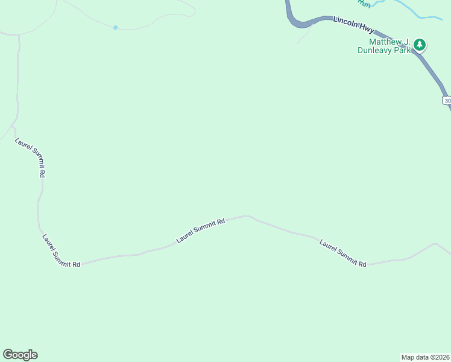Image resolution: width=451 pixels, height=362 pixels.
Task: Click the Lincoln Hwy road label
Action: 353,24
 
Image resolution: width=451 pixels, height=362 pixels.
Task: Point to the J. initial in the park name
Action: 406,42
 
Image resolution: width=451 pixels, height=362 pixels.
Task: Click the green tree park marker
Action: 420,44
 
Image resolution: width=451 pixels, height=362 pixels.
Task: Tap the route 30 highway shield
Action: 446,100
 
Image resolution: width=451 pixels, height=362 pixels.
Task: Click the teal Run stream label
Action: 363,3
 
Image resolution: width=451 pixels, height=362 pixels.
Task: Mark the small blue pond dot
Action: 115,27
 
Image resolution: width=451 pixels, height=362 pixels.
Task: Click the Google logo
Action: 20,355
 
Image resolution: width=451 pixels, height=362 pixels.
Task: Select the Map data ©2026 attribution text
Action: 425,357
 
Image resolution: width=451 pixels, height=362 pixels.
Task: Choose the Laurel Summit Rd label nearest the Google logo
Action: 61,250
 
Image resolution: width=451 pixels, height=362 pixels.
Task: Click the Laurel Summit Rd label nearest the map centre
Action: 200,230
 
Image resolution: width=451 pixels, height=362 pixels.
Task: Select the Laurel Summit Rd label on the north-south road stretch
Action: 30,157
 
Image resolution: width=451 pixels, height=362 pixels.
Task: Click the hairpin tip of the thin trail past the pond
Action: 194,10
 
